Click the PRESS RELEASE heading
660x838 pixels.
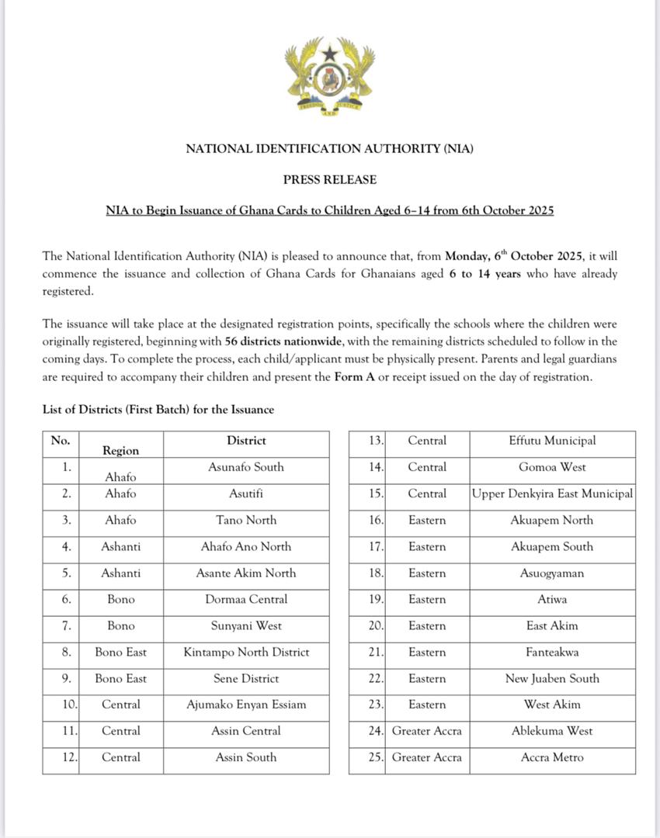pyautogui.click(x=329, y=179)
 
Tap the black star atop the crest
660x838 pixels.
pyautogui.click(x=330, y=53)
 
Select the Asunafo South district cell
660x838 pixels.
pyautogui.click(x=246, y=467)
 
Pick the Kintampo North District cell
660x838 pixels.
pyautogui.click(x=246, y=652)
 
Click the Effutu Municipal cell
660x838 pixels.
pyautogui.click(x=552, y=441)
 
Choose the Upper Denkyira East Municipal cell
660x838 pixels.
pyautogui.click(x=552, y=493)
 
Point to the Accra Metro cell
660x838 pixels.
pyautogui.click(x=552, y=757)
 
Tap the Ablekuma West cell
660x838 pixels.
pyautogui.click(x=552, y=731)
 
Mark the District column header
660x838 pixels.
pyautogui.click(x=246, y=441)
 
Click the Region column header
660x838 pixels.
pyautogui.click(x=120, y=450)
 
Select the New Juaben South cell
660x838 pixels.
pyautogui.click(x=552, y=678)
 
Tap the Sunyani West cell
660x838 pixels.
pyautogui.click(x=246, y=625)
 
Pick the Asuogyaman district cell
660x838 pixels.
pyautogui.click(x=552, y=573)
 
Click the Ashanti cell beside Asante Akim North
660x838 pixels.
pyautogui.click(x=120, y=573)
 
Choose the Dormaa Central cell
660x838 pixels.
pyautogui.click(x=246, y=599)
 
